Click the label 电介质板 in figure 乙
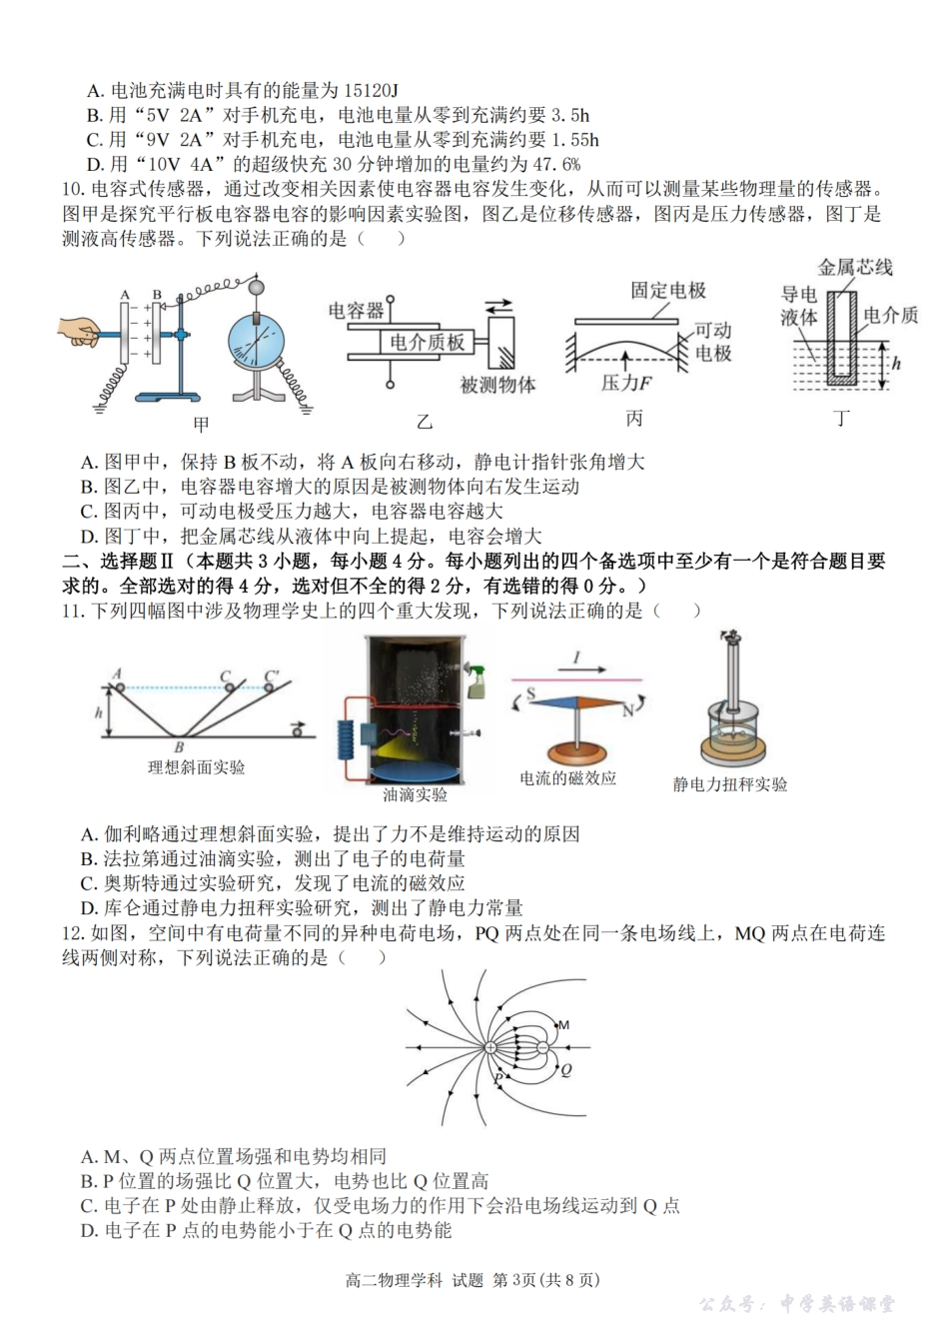(x=428, y=343)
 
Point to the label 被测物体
(x=497, y=385)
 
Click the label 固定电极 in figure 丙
(x=668, y=291)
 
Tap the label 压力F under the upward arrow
(x=626, y=383)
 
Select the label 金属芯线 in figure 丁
(x=855, y=267)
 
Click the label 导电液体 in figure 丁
(x=798, y=306)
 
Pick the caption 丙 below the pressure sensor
(x=633, y=419)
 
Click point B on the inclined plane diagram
(x=179, y=745)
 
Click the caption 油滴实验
(x=415, y=795)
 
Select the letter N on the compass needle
(x=628, y=710)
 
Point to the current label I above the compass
(x=576, y=660)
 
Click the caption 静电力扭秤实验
(x=729, y=784)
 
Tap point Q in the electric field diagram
(x=565, y=1069)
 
